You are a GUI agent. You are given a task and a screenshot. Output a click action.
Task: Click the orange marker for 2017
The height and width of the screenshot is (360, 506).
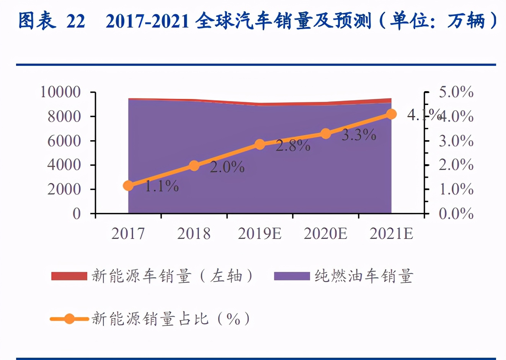pyautogui.click(x=128, y=186)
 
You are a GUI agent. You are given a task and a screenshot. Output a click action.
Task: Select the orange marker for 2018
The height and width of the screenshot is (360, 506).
pyautogui.click(x=194, y=165)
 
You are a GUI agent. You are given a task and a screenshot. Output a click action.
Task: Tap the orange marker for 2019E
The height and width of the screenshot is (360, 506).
pyautogui.click(x=260, y=144)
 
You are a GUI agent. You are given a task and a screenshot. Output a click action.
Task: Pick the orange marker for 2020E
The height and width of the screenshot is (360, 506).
pyautogui.click(x=326, y=134)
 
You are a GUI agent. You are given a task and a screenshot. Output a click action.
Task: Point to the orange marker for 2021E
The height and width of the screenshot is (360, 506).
pyautogui.click(x=391, y=114)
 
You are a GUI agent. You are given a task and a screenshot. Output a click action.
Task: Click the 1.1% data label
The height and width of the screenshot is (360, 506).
pyautogui.click(x=162, y=186)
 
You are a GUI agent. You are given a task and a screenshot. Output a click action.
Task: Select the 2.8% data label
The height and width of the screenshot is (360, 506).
pyautogui.click(x=293, y=146)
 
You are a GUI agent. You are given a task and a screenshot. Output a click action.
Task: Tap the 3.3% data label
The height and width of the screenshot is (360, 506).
pyautogui.click(x=359, y=135)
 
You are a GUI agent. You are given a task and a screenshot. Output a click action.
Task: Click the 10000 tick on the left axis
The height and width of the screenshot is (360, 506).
pyautogui.click(x=60, y=92)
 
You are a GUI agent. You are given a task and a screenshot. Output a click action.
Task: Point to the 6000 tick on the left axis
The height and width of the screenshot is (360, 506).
pyautogui.click(x=64, y=141)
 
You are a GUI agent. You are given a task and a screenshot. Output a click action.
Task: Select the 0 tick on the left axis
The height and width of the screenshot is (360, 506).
pyautogui.click(x=77, y=213)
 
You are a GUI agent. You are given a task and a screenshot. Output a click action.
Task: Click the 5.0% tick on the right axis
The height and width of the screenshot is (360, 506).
pyautogui.click(x=456, y=92)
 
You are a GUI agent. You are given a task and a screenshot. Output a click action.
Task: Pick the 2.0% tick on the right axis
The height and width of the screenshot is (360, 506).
pyautogui.click(x=456, y=165)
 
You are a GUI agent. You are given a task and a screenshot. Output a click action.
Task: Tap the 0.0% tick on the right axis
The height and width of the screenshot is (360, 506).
pyautogui.click(x=456, y=213)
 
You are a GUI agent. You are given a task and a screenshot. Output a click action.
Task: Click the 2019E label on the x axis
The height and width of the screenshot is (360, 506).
pyautogui.click(x=260, y=233)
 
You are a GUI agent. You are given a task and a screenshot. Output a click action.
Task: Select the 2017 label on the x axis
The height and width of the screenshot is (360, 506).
pyautogui.click(x=128, y=233)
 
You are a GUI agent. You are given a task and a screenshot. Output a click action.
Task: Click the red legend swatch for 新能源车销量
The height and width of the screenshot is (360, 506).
pyautogui.click(x=69, y=276)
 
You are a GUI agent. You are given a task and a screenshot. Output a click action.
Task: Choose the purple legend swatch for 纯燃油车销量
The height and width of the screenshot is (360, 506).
pyautogui.click(x=292, y=276)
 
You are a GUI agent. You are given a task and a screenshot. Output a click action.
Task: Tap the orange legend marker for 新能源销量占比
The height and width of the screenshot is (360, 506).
pyautogui.click(x=69, y=319)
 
